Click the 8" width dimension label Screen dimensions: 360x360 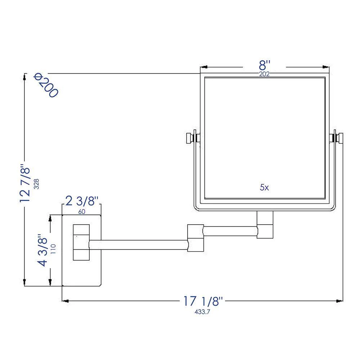pos(265,66)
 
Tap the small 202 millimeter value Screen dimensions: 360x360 pos(265,75)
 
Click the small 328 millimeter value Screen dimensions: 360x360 pos(36,184)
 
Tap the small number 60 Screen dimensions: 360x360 pos(81,212)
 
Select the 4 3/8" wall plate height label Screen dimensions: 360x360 pos(43,251)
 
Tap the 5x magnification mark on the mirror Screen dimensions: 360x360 pos(264,188)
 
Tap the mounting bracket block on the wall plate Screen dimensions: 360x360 pos(81,242)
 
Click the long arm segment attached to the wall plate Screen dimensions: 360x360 pos(139,245)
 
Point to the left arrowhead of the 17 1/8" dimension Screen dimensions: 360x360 pos(66,301)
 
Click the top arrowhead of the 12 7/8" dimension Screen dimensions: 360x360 pos(24,77)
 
